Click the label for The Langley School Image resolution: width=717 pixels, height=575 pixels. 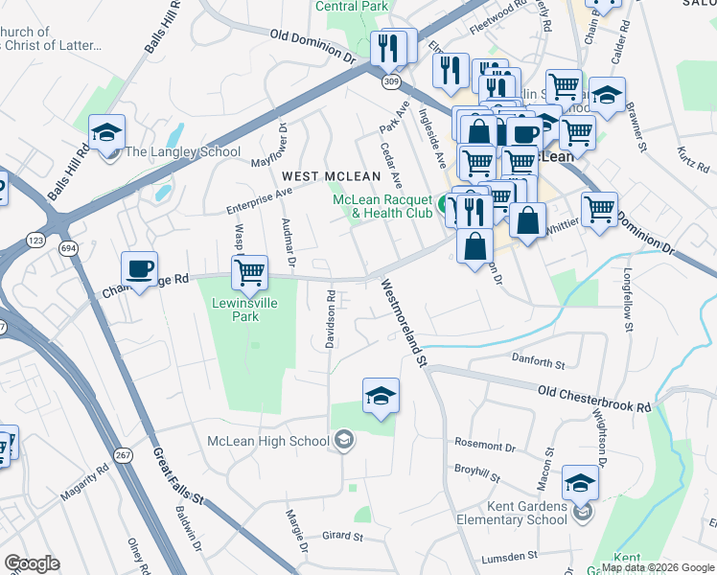tap(181, 151)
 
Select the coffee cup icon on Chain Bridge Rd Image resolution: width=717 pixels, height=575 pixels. tap(139, 270)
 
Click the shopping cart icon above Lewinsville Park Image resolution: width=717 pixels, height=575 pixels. tap(249, 273)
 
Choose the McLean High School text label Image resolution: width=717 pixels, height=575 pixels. tap(267, 441)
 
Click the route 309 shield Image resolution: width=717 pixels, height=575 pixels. tap(390, 82)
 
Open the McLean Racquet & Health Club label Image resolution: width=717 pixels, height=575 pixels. tap(382, 206)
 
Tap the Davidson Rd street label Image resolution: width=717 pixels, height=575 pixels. tap(329, 320)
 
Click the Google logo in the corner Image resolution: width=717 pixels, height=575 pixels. tap(32, 563)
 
